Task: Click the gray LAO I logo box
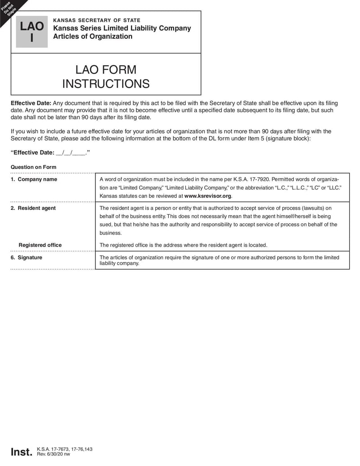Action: (31, 32)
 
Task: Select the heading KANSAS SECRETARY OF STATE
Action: (97, 20)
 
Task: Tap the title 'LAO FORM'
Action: (106, 70)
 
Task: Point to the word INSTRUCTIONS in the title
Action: (106, 84)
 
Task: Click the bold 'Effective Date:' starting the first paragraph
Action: (31, 103)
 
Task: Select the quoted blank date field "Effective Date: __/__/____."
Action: (50, 153)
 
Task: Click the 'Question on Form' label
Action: (33, 167)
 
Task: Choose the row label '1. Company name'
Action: (34, 179)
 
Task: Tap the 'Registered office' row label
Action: (40, 245)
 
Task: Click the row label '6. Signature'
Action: (27, 258)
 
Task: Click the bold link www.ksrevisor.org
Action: (208, 196)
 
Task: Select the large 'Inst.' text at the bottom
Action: (22, 452)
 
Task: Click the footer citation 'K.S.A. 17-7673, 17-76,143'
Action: (65, 449)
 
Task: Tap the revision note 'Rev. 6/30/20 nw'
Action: (54, 454)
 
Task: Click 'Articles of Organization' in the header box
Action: (93, 36)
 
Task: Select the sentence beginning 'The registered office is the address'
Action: (183, 245)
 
